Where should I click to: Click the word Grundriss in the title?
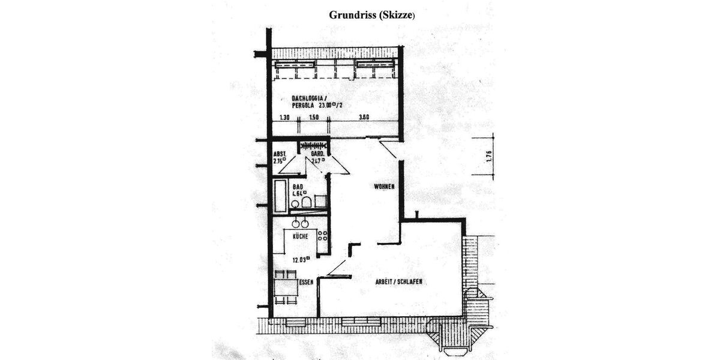click(x=353, y=15)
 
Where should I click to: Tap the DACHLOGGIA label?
click(x=308, y=97)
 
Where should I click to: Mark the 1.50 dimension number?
click(x=313, y=118)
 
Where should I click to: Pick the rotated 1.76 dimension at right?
click(x=489, y=157)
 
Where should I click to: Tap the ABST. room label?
click(x=280, y=154)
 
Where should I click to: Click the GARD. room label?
click(x=318, y=154)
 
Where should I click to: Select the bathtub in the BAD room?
click(x=280, y=195)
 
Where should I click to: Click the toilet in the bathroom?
click(x=307, y=202)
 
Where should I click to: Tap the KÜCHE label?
click(x=301, y=237)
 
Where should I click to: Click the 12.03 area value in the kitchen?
click(x=301, y=259)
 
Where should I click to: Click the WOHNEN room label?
click(x=384, y=187)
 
